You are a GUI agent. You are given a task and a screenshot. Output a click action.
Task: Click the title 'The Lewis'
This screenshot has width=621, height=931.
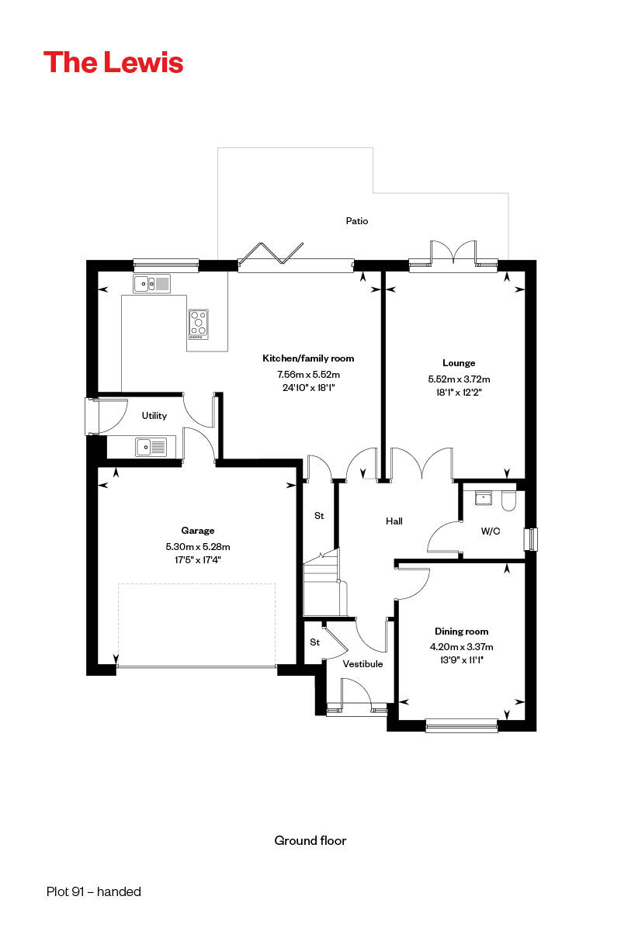tap(113, 62)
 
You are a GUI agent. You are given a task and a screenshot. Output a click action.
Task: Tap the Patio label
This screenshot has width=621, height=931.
tap(357, 221)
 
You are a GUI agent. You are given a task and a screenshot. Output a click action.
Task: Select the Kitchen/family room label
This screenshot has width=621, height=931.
tap(308, 358)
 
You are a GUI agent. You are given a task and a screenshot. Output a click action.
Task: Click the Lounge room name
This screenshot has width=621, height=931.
tap(459, 362)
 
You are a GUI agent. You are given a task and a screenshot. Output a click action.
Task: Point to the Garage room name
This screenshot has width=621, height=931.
tap(198, 531)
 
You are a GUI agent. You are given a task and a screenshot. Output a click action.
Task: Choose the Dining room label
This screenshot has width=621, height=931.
tap(461, 632)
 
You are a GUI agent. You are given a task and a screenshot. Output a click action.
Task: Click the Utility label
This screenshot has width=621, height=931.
tap(154, 416)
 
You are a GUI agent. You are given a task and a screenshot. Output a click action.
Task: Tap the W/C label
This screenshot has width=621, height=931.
tap(490, 531)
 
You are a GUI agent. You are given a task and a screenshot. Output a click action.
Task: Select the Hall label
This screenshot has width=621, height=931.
tap(394, 521)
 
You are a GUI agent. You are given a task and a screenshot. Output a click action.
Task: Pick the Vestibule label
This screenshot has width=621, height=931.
tap(363, 664)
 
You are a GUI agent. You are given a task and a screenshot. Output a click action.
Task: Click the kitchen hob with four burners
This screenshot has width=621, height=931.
tap(199, 324)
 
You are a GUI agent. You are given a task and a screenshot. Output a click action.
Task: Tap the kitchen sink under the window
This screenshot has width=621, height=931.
tap(151, 285)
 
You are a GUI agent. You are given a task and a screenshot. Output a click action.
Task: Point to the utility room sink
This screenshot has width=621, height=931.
tap(151, 447)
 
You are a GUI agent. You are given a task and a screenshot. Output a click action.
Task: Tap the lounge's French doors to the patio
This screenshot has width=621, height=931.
tap(453, 256)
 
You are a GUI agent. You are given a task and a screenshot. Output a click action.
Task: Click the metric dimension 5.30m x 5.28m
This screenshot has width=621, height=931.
tap(199, 546)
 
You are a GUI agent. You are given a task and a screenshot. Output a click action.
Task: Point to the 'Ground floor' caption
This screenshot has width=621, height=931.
tap(310, 840)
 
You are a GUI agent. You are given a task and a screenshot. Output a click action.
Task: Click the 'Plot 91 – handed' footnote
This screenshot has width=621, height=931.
tap(94, 892)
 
